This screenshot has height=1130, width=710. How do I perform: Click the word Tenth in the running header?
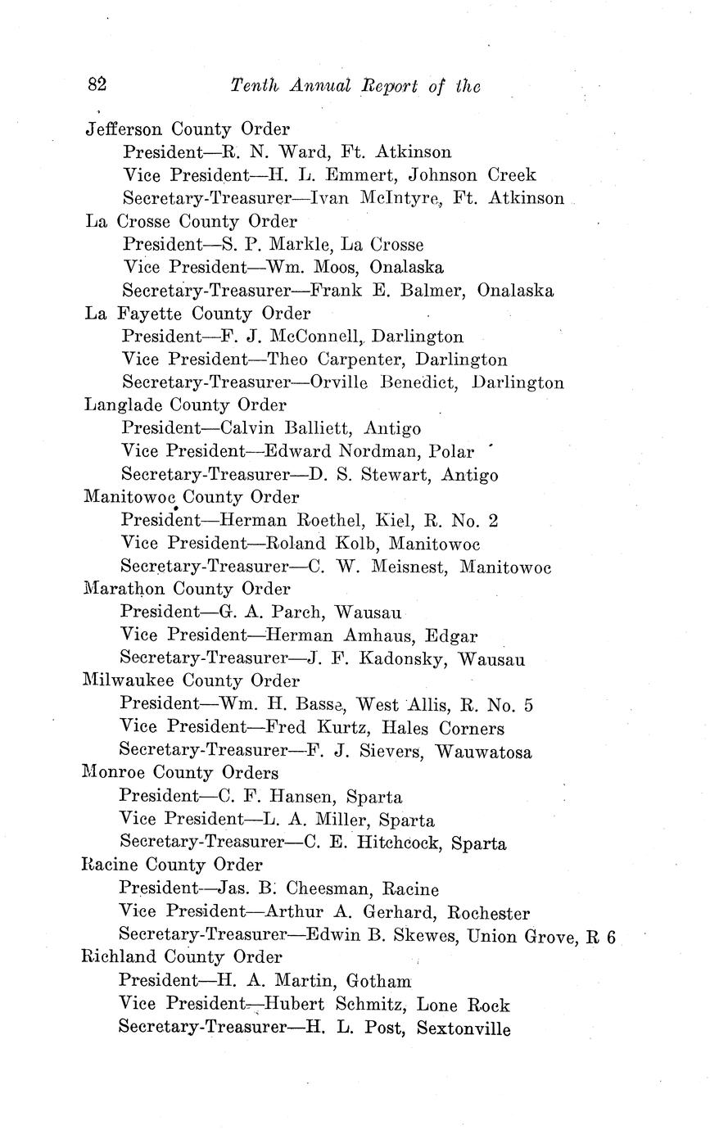tap(256, 85)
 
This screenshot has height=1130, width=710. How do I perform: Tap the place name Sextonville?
tap(464, 1028)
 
